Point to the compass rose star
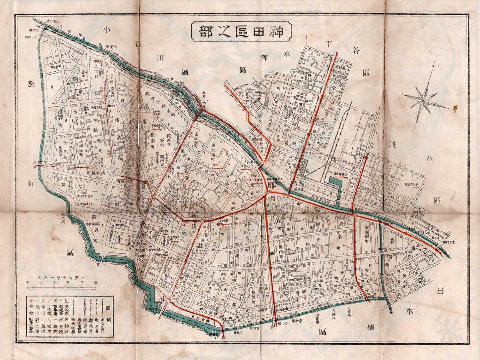tap(425, 97)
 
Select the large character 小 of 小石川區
tap(107, 30)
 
